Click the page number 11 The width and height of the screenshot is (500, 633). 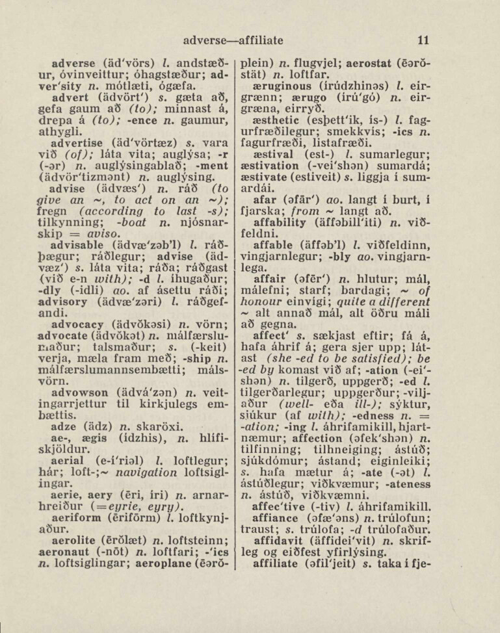coord(423,40)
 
